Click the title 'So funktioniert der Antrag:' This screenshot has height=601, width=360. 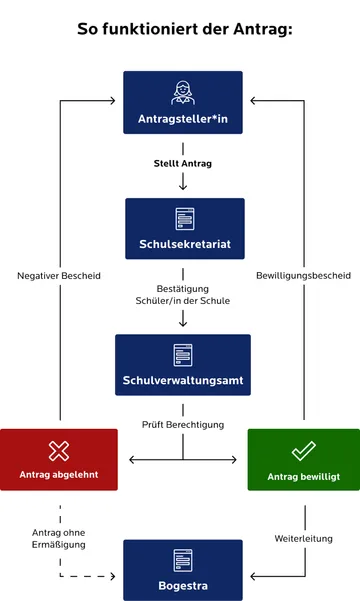184,29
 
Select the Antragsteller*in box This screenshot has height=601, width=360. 183,102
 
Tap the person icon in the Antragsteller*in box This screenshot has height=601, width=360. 183,91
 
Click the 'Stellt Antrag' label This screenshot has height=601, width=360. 183,162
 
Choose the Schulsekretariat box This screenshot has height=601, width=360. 184,229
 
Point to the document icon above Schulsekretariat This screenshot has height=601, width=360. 184,218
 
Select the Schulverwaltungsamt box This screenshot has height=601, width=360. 183,365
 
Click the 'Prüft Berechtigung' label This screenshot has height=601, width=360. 183,424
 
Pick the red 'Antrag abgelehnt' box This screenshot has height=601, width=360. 59,460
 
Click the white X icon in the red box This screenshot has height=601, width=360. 58,450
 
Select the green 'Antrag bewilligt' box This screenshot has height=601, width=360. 303,460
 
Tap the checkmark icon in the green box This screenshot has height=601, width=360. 303,450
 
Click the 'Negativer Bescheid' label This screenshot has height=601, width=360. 59,275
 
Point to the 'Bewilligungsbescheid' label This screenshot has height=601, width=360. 303,275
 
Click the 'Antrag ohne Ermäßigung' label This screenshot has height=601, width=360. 59,537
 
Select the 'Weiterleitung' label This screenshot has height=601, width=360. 303,538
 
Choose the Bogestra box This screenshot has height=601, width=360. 183,570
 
